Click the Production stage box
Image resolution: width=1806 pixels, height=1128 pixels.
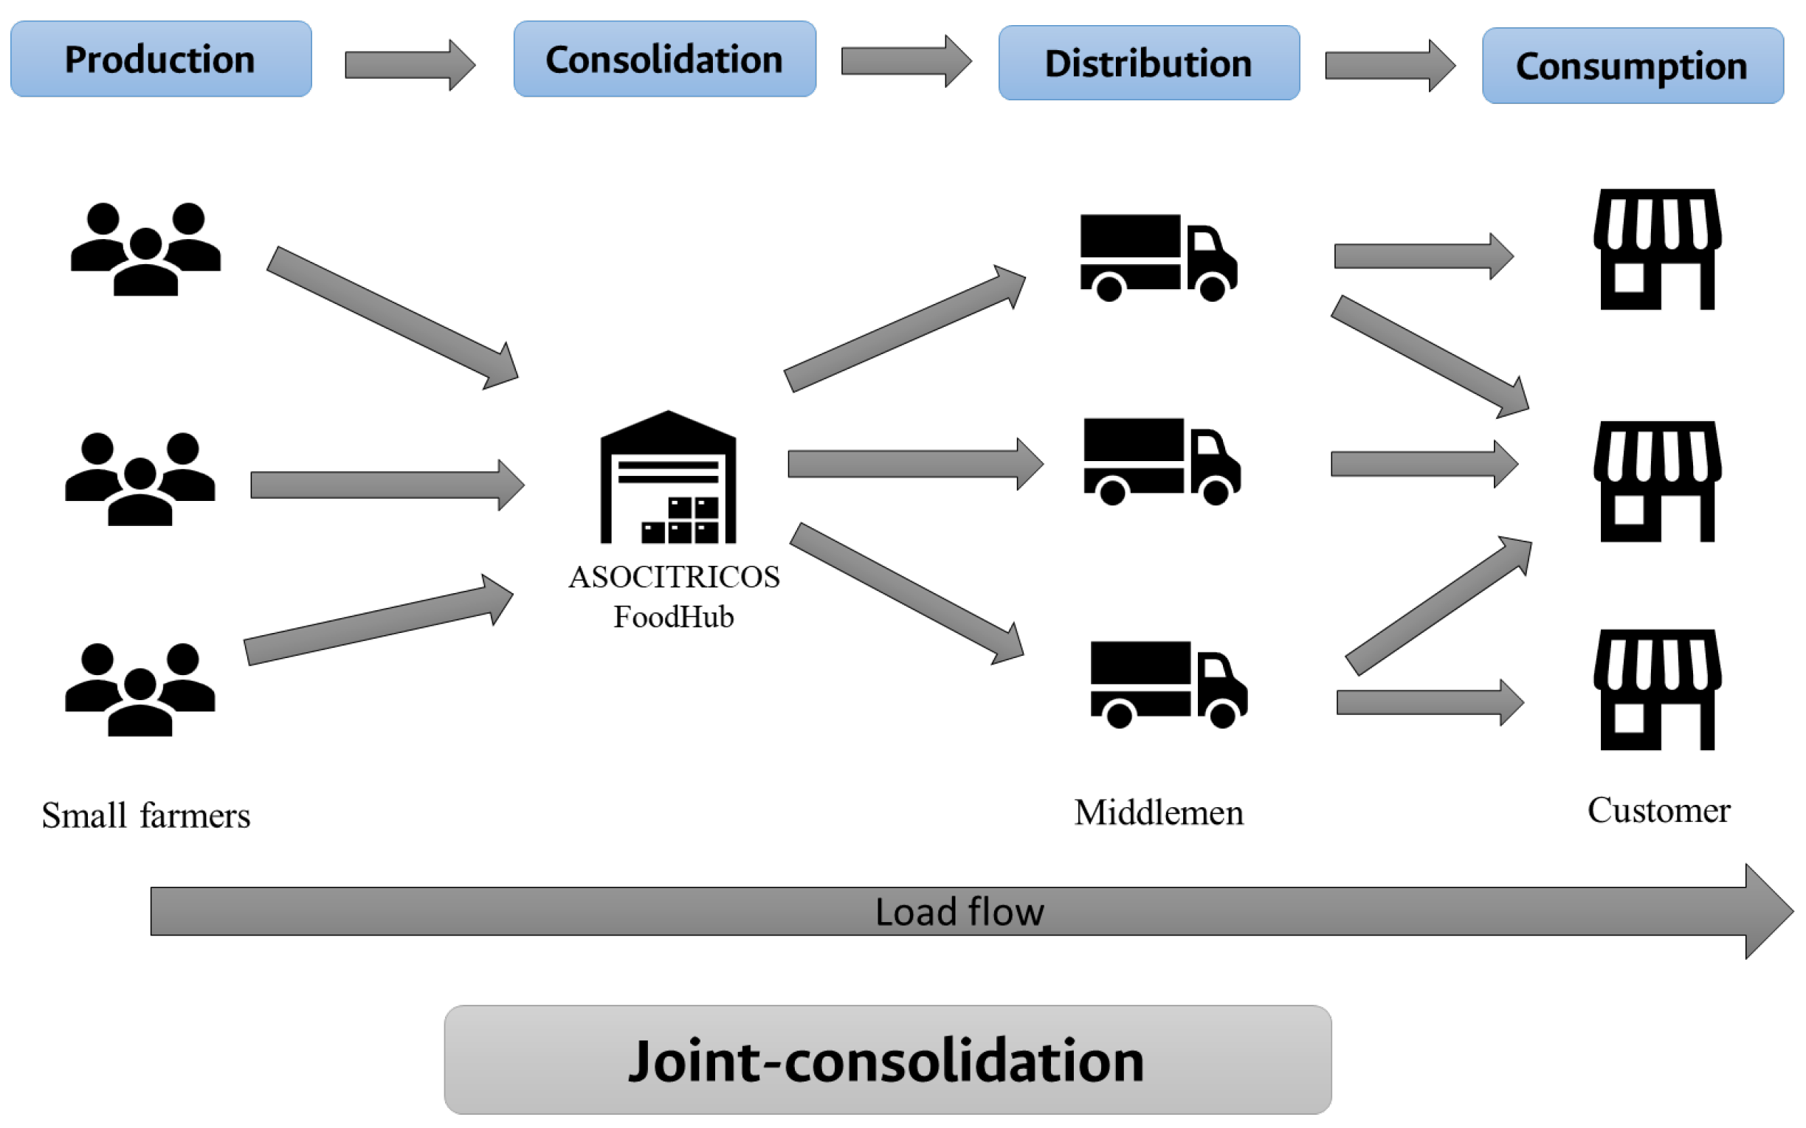click(160, 59)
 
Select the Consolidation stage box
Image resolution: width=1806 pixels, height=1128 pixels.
click(664, 59)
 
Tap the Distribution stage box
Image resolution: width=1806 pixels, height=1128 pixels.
click(1148, 63)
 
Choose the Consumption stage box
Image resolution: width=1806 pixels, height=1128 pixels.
click(1632, 66)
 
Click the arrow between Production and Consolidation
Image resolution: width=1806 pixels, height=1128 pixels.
click(409, 65)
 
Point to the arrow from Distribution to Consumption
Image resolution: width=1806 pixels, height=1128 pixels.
click(1389, 66)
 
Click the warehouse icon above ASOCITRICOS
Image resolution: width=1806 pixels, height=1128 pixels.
click(668, 477)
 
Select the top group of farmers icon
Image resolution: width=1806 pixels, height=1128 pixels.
click(145, 249)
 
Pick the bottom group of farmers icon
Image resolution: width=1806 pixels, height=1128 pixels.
click(139, 688)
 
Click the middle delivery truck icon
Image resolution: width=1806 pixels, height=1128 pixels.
click(1161, 460)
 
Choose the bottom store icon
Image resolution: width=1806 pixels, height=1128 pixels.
click(1657, 689)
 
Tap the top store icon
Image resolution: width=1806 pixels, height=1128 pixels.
click(1657, 249)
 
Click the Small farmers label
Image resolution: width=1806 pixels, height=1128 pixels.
click(145, 815)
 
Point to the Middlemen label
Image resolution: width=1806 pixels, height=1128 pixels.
click(1158, 813)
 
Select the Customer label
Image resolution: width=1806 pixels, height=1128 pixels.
click(1658, 810)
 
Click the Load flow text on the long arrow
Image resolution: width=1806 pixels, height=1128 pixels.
click(959, 912)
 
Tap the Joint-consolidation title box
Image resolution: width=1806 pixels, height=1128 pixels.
click(887, 1059)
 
